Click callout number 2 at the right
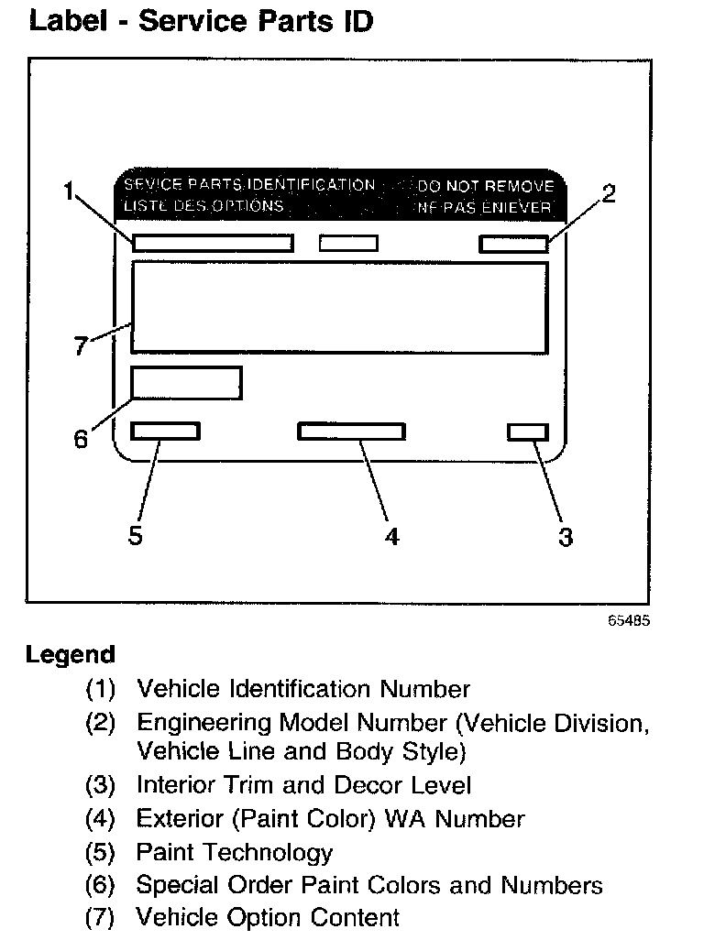tap(608, 193)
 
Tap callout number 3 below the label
tap(566, 538)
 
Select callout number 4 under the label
tap(391, 538)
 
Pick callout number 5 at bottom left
tap(136, 536)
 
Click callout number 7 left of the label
tap(81, 346)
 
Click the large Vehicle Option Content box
tap(339, 307)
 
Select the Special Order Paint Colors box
tap(186, 383)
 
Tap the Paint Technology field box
tap(165, 432)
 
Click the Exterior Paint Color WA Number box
tap(351, 432)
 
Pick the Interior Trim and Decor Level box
tap(528, 432)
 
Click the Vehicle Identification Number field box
tap(213, 243)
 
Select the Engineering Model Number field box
tap(513, 244)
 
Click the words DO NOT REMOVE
tap(486, 187)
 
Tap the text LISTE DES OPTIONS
tap(203, 206)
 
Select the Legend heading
tap(71, 655)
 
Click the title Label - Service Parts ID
tap(201, 21)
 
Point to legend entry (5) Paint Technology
tap(234, 853)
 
